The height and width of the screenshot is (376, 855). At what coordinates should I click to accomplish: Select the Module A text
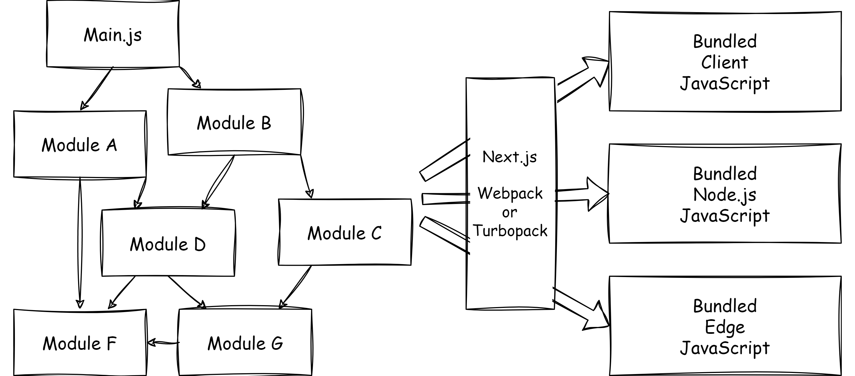(79, 145)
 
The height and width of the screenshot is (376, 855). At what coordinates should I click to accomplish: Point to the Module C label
(344, 233)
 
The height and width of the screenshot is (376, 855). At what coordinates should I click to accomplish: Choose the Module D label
(168, 244)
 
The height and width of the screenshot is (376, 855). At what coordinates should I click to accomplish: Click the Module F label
(79, 343)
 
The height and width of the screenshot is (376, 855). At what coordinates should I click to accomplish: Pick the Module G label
(245, 343)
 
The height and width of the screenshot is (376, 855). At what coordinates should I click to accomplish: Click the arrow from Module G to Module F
(163, 342)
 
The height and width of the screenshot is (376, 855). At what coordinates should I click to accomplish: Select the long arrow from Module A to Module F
(80, 242)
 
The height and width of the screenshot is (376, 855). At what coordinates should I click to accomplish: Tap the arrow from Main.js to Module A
(97, 88)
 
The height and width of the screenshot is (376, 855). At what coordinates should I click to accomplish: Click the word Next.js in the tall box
(509, 157)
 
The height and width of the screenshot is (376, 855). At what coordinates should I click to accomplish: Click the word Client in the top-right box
(725, 62)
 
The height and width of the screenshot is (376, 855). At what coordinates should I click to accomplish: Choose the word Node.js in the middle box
(725, 195)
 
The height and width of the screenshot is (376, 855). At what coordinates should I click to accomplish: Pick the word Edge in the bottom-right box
(725, 327)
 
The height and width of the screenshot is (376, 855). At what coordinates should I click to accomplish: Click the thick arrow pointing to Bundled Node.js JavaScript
(583, 195)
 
